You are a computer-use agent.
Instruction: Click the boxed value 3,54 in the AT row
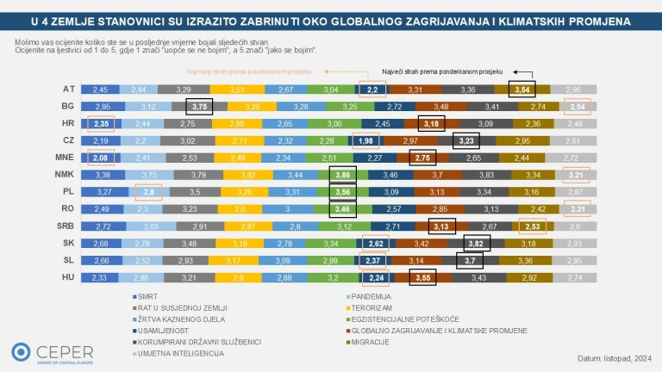click(x=521, y=89)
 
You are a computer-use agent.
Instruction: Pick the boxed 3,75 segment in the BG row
click(x=200, y=107)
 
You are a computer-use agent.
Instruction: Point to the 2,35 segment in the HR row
click(x=101, y=124)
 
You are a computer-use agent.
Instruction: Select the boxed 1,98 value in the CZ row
click(x=365, y=141)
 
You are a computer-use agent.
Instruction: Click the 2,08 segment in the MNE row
click(x=101, y=158)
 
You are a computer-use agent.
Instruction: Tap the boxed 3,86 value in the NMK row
click(x=342, y=176)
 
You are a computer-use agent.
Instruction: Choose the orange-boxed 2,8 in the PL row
click(x=148, y=193)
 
